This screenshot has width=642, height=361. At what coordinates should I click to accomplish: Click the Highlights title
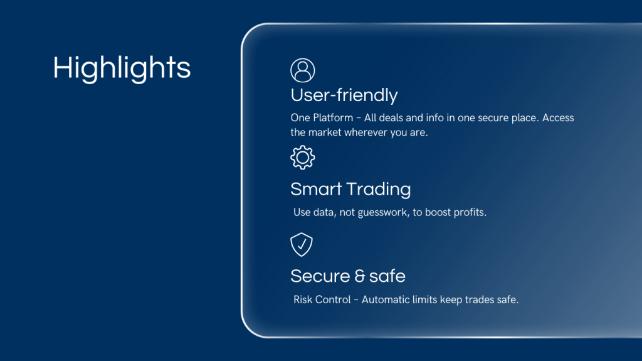click(122, 68)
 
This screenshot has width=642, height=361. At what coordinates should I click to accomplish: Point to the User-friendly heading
click(344, 95)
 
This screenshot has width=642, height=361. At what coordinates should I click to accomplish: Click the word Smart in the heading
click(316, 190)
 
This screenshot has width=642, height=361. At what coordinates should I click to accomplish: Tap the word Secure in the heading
click(320, 276)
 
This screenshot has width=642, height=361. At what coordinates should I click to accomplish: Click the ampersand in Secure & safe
click(359, 276)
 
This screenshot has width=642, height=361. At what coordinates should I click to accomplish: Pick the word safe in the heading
click(387, 276)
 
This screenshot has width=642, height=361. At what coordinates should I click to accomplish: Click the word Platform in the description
click(333, 118)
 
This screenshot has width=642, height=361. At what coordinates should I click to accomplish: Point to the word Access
click(558, 118)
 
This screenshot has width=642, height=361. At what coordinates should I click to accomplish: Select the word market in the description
click(325, 132)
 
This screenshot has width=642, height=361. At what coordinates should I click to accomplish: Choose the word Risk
click(303, 300)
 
